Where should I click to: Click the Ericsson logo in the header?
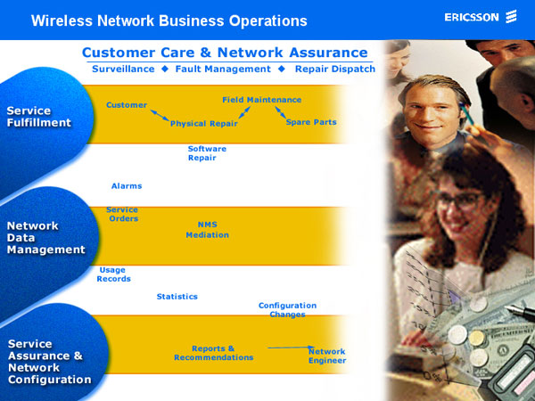481,17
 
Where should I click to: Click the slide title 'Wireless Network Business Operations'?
169,20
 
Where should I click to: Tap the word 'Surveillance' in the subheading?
123,69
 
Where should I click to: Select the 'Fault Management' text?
223,69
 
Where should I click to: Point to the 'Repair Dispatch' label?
335,69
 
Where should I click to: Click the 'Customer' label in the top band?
127,105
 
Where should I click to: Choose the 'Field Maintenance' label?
261,100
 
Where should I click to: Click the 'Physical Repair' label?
203,124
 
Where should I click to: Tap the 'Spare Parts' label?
311,122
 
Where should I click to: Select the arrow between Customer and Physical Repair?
160,115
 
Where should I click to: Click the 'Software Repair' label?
207,153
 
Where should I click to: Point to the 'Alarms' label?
127,186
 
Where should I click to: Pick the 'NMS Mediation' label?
208,230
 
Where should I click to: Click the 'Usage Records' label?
113,274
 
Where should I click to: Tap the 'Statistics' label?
177,297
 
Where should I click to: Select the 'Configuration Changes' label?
287,310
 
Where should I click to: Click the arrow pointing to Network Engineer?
292,348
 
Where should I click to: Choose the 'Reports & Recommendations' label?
214,353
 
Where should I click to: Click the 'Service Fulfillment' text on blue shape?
39,117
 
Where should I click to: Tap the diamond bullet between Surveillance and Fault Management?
165,69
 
